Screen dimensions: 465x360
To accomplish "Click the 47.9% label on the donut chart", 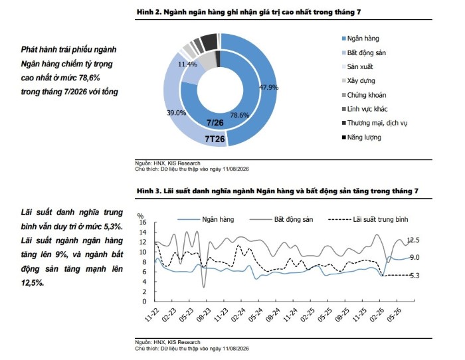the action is (x=268, y=87).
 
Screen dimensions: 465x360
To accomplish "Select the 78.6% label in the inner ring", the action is (x=240, y=115).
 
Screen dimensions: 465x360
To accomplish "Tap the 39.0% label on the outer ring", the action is (x=177, y=113).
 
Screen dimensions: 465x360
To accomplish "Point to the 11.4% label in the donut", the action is (x=187, y=64).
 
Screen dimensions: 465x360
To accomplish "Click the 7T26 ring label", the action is (x=215, y=139).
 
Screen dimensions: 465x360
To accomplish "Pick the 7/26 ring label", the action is (x=215, y=123).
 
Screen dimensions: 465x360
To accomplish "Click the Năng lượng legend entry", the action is (x=361, y=137).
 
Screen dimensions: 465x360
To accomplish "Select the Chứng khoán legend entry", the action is (x=364, y=95).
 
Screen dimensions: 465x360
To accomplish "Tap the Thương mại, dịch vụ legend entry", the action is (x=375, y=123).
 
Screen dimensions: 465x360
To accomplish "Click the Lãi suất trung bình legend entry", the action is (x=368, y=219).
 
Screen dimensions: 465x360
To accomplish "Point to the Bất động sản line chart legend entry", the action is (x=282, y=219).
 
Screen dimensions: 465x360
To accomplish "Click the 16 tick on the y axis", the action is (x=143, y=223).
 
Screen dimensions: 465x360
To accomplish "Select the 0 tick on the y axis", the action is (x=144, y=302).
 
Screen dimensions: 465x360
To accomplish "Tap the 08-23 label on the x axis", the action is (x=205, y=315).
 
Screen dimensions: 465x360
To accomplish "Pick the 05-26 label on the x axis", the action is (x=394, y=315).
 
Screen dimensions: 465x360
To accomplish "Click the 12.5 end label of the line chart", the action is (x=413, y=240).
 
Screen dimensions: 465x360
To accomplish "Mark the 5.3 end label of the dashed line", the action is (x=415, y=276).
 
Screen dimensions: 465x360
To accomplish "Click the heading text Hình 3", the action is (x=149, y=191).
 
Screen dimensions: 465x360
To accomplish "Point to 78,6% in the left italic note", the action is (x=89, y=78).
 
